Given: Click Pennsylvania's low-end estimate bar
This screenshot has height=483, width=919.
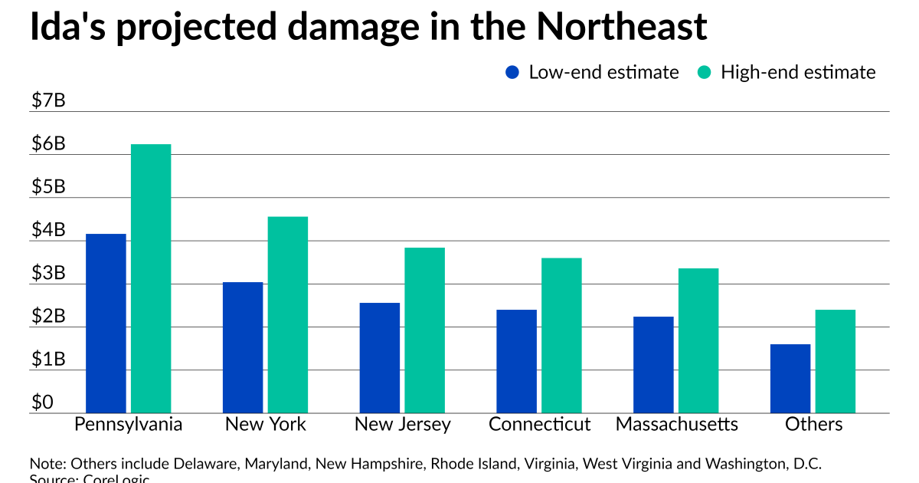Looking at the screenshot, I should pyautogui.click(x=106, y=323).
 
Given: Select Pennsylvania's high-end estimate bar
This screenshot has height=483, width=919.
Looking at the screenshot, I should pyautogui.click(x=151, y=278).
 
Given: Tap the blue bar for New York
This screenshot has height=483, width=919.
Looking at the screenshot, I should pyautogui.click(x=243, y=347).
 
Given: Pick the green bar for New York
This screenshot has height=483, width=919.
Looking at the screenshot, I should pyautogui.click(x=288, y=314).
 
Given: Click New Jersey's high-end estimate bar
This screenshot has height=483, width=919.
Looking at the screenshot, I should pyautogui.click(x=424, y=330).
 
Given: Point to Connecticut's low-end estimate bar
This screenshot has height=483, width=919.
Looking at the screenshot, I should pyautogui.click(x=516, y=361).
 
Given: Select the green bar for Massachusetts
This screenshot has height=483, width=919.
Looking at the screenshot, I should pyautogui.click(x=698, y=340).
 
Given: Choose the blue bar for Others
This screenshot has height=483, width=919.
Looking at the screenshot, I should pyautogui.click(x=790, y=378).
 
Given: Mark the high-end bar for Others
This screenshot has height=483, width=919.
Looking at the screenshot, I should pyautogui.click(x=836, y=361).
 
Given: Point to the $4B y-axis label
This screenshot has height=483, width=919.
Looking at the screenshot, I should pyautogui.click(x=47, y=230).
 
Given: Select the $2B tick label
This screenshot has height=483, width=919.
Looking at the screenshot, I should pyautogui.click(x=47, y=317).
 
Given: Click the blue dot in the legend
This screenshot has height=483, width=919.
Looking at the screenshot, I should pyautogui.click(x=512, y=72).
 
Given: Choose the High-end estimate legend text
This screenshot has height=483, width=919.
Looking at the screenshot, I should pyautogui.click(x=798, y=72).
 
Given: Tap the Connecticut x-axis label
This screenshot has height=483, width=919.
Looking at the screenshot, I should pyautogui.click(x=540, y=424).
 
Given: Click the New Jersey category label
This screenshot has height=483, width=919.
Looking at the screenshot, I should pyautogui.click(x=403, y=424).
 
